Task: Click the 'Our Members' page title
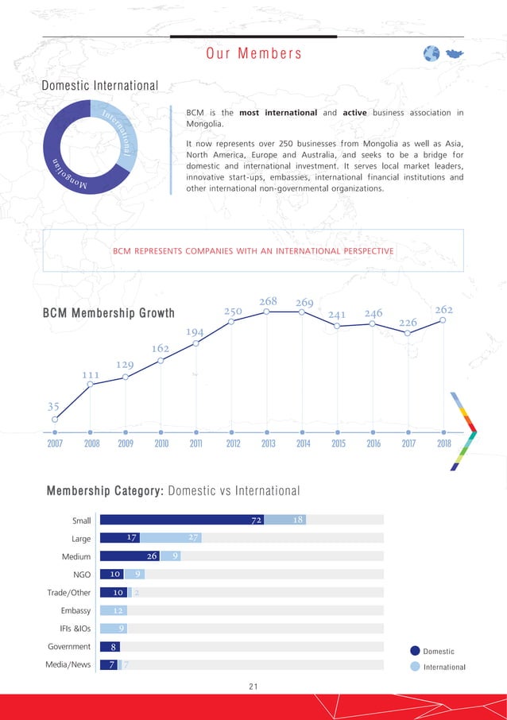[x=254, y=54]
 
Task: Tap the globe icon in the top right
[x=432, y=53]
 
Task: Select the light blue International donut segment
[x=120, y=135]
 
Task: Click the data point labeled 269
[x=302, y=312]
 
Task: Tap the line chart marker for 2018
[x=443, y=321]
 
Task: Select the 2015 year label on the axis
[x=338, y=444]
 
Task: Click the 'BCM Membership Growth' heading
[x=108, y=313]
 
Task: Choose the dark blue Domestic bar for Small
[x=182, y=520]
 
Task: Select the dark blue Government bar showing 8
[x=110, y=647]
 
